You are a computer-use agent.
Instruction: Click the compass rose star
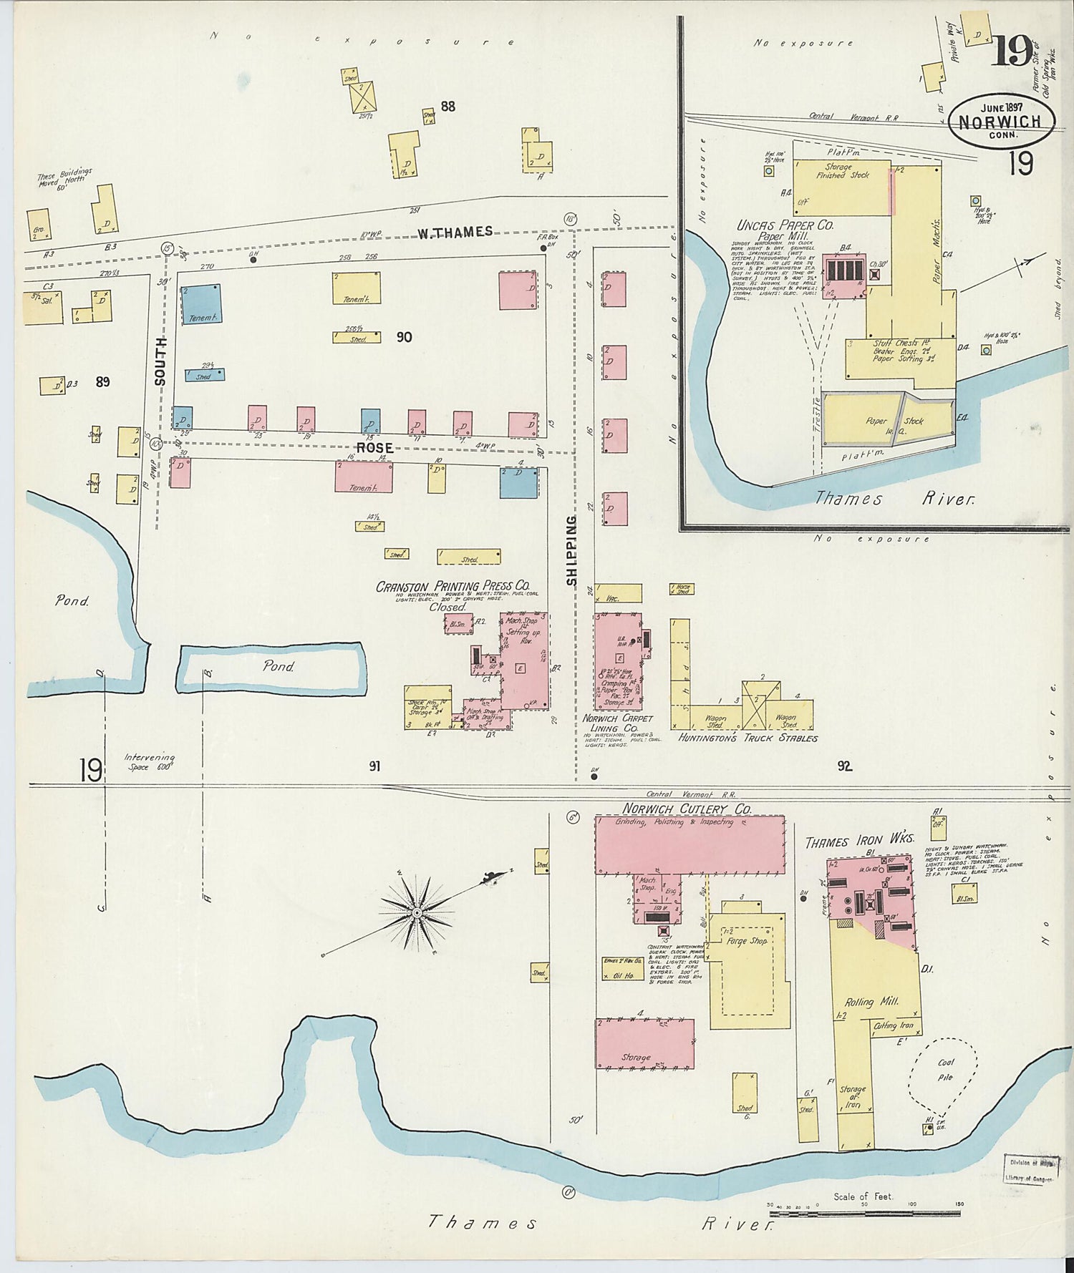click(x=417, y=913)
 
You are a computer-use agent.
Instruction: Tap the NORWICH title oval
click(x=1001, y=122)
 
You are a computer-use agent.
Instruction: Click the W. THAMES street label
click(x=455, y=232)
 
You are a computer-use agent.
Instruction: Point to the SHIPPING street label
click(x=571, y=551)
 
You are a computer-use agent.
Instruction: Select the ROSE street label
click(x=375, y=448)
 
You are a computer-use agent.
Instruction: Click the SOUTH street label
click(x=160, y=361)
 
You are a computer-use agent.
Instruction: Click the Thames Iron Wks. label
click(x=859, y=842)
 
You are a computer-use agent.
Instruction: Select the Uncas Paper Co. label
click(x=785, y=225)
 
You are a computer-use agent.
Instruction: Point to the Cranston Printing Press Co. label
click(x=453, y=587)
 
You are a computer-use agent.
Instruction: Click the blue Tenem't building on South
click(x=200, y=306)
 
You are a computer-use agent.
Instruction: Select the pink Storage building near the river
click(x=644, y=1044)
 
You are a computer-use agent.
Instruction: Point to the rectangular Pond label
click(x=279, y=666)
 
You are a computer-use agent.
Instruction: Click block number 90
click(x=404, y=337)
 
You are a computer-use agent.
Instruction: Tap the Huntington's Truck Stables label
click(x=748, y=738)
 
